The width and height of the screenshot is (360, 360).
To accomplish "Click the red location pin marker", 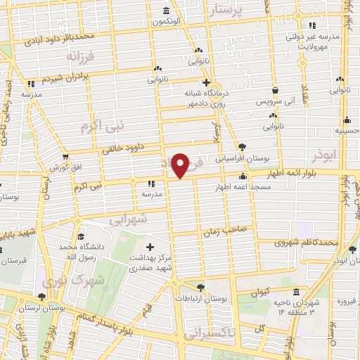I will click(181, 165).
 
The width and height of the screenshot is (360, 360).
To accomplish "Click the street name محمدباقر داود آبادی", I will click(89, 37).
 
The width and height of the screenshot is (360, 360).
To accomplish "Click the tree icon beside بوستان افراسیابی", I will click(243, 146).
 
